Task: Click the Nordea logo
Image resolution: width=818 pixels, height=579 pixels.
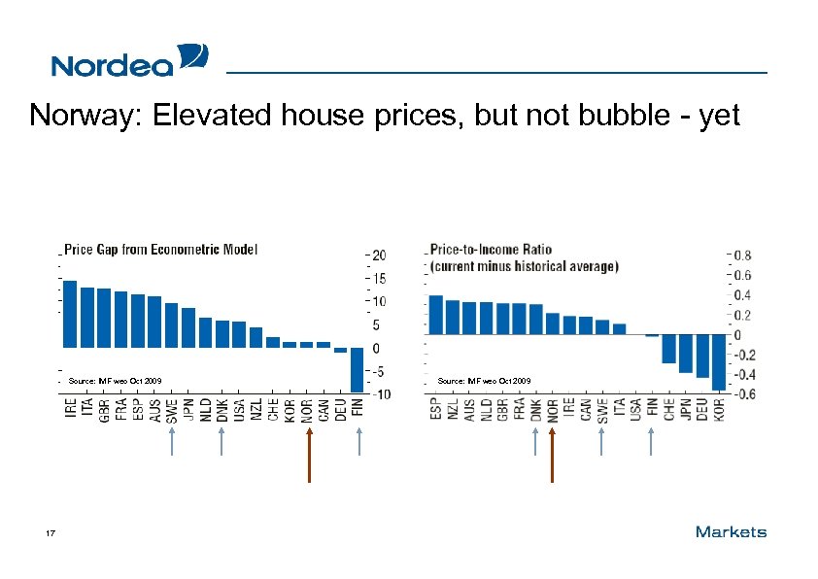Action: pyautogui.click(x=129, y=60)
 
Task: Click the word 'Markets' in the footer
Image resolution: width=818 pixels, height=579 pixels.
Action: pyautogui.click(x=731, y=531)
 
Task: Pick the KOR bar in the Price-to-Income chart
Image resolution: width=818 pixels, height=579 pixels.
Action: pyautogui.click(x=719, y=362)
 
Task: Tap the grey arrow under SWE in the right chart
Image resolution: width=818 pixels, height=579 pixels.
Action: pyautogui.click(x=602, y=442)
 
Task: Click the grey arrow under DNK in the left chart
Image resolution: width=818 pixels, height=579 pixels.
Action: pyautogui.click(x=222, y=442)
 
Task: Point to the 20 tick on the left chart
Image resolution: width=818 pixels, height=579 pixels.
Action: pyautogui.click(x=380, y=255)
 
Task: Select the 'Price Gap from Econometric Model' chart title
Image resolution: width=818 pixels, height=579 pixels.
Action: pyautogui.click(x=161, y=250)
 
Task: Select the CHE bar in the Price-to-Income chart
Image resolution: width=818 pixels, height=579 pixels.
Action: pyautogui.click(x=668, y=349)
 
